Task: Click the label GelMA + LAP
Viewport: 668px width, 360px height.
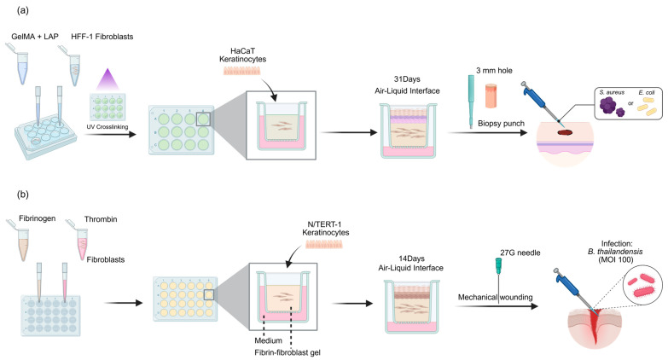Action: [x=35, y=37]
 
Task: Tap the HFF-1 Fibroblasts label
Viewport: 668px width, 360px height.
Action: [x=102, y=37]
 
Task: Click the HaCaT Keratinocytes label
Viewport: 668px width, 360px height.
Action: [x=243, y=55]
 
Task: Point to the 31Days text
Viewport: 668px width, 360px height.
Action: [x=407, y=79]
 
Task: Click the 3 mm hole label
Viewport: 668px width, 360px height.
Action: [x=494, y=71]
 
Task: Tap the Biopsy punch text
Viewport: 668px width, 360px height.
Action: [x=501, y=124]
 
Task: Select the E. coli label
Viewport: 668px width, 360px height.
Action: [x=647, y=92]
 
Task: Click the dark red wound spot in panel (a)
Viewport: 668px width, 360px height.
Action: [x=566, y=132]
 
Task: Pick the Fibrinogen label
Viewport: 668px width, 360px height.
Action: [x=37, y=218]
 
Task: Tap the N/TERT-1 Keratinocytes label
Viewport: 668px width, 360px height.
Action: [x=326, y=229]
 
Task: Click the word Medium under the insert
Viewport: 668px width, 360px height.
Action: [x=269, y=341]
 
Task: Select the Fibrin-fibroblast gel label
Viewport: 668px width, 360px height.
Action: [x=288, y=353]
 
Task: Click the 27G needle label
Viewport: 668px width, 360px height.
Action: [x=520, y=253]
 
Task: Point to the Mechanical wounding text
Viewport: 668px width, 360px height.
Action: [x=495, y=298]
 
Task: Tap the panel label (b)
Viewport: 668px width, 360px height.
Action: [x=22, y=195]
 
